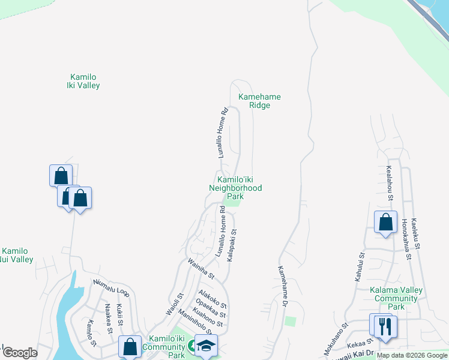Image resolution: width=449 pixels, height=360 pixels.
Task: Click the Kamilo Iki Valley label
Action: coord(83,81)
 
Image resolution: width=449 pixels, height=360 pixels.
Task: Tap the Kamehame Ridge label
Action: coord(259,101)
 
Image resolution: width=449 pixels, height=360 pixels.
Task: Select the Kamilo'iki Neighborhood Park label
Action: coord(235,187)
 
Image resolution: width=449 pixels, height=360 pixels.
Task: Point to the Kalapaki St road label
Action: coord(231,244)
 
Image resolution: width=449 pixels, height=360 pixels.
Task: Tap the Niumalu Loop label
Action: coord(111,287)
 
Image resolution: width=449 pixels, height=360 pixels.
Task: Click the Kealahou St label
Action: coord(390,183)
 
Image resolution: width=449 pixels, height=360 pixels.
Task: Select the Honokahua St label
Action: coord(406,239)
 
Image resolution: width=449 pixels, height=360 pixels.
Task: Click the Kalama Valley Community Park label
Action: coord(396,298)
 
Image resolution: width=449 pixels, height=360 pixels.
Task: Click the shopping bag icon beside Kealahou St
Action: coord(385,221)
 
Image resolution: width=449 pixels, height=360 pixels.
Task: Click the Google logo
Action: coord(19,353)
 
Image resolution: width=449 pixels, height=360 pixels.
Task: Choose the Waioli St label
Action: coord(174,305)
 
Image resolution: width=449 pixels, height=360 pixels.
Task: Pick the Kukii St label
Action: coord(119,315)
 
